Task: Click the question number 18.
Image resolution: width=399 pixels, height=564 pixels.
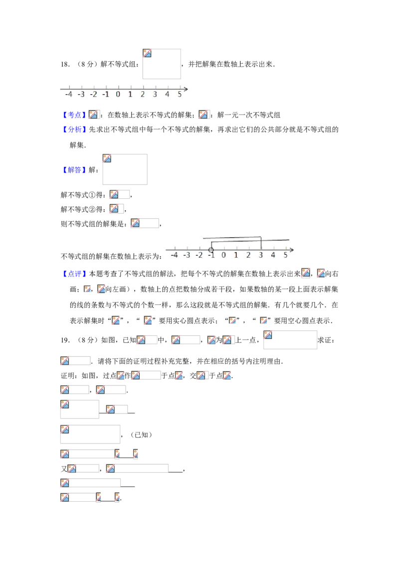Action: (x=65, y=64)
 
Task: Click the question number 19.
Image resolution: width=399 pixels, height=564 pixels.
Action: (x=65, y=340)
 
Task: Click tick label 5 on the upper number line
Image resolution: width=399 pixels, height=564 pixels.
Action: (x=180, y=95)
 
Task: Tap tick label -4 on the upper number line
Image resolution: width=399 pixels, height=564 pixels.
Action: (x=68, y=95)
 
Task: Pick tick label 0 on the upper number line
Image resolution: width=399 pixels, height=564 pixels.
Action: (x=118, y=95)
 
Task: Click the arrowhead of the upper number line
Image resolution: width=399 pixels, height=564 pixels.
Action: (x=186, y=89)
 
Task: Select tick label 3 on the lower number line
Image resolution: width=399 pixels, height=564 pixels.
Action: (x=261, y=256)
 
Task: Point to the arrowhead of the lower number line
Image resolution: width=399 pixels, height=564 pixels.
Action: (x=292, y=250)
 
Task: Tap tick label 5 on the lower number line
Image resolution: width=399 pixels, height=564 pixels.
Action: (x=286, y=256)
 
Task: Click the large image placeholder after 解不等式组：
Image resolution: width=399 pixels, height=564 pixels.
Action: (x=162, y=64)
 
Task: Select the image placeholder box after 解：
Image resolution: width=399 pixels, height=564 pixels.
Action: (x=125, y=169)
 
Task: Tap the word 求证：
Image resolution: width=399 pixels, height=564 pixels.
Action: (x=326, y=340)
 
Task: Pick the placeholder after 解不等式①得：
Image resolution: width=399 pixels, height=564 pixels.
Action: (x=120, y=195)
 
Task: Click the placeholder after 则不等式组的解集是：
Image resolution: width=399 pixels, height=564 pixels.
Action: (x=145, y=223)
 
